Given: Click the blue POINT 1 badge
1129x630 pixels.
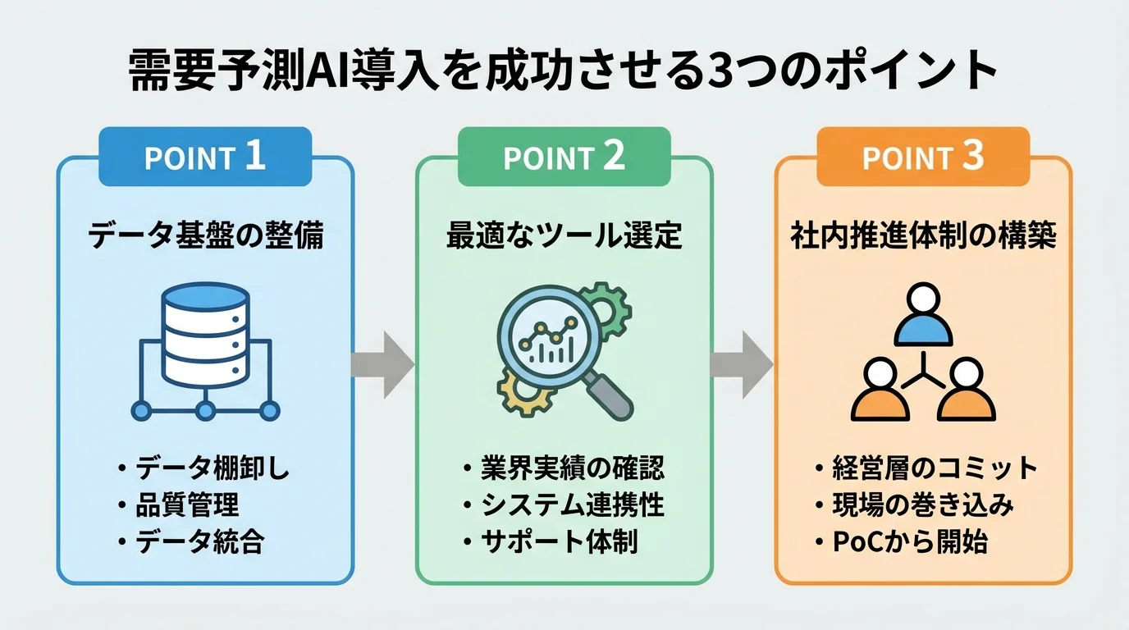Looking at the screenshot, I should (204, 157).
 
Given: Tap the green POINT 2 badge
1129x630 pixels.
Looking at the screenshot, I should (564, 157).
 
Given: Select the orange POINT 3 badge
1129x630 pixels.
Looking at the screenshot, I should (923, 157).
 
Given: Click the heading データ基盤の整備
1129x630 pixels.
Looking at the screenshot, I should (205, 236).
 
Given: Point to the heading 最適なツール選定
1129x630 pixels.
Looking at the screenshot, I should (564, 236).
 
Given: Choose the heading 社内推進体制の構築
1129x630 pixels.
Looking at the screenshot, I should (923, 236).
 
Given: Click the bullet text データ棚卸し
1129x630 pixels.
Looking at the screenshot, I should (213, 470).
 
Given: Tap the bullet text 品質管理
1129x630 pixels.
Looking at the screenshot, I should (187, 506).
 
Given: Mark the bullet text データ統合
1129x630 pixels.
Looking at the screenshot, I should (199, 542).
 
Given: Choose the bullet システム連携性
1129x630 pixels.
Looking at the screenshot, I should (572, 505).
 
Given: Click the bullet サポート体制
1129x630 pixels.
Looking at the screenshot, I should (560, 542).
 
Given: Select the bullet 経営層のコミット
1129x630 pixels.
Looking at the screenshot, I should (935, 469).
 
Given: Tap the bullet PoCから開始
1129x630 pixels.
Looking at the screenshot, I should (910, 542).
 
